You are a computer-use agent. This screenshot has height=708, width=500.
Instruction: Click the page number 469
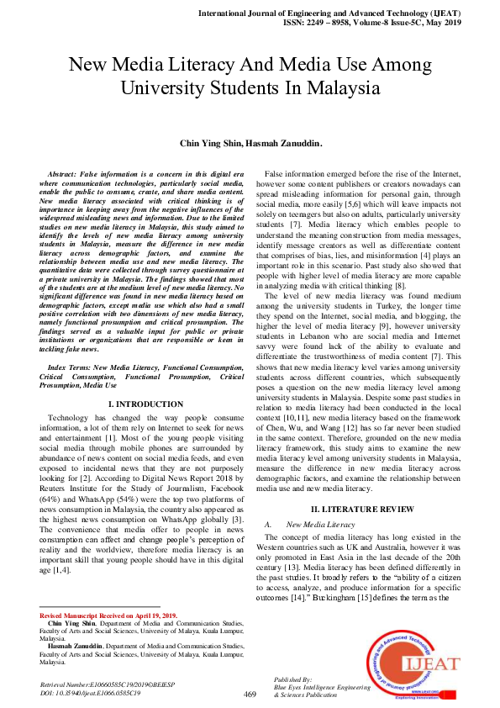[250, 694]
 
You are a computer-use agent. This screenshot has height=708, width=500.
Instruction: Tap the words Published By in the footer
[293, 678]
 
